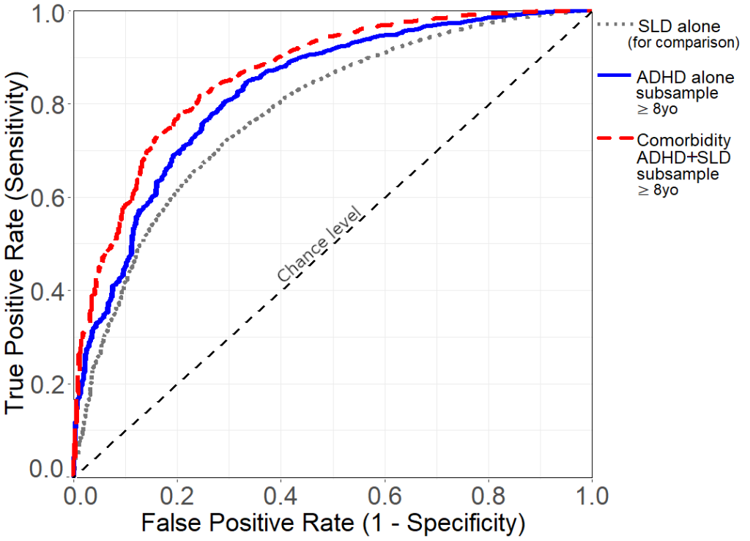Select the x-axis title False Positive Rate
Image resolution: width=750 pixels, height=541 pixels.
333,523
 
